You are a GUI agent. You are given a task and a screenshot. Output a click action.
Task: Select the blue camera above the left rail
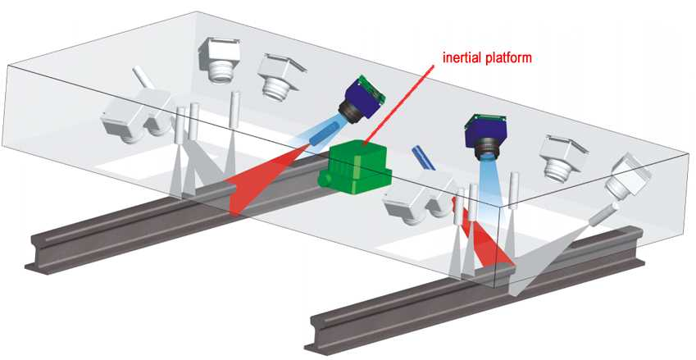pos(362,100)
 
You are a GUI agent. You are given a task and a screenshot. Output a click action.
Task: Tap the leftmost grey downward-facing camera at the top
pos(216,59)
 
